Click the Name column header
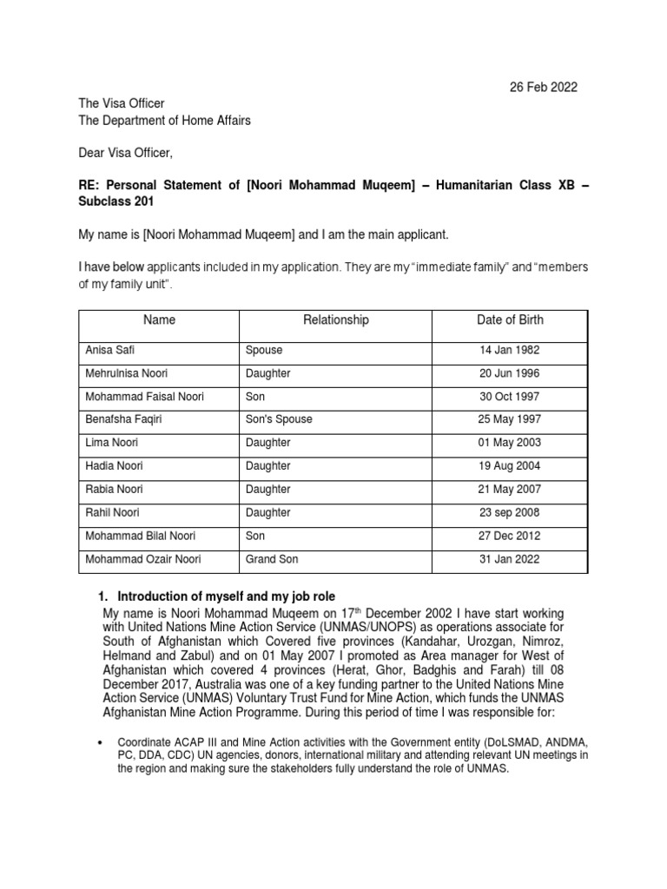click(x=159, y=320)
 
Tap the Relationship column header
click(x=335, y=320)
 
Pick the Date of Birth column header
click(x=510, y=320)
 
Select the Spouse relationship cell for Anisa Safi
click(x=265, y=350)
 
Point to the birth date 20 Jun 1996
click(x=510, y=373)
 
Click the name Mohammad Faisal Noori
click(x=144, y=397)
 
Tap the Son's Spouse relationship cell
click(x=279, y=419)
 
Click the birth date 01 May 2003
click(x=510, y=443)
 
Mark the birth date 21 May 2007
click(x=510, y=490)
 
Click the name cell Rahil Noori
click(x=112, y=513)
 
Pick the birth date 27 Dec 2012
click(x=510, y=537)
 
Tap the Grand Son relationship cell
click(x=272, y=559)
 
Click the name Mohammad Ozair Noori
click(x=142, y=559)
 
